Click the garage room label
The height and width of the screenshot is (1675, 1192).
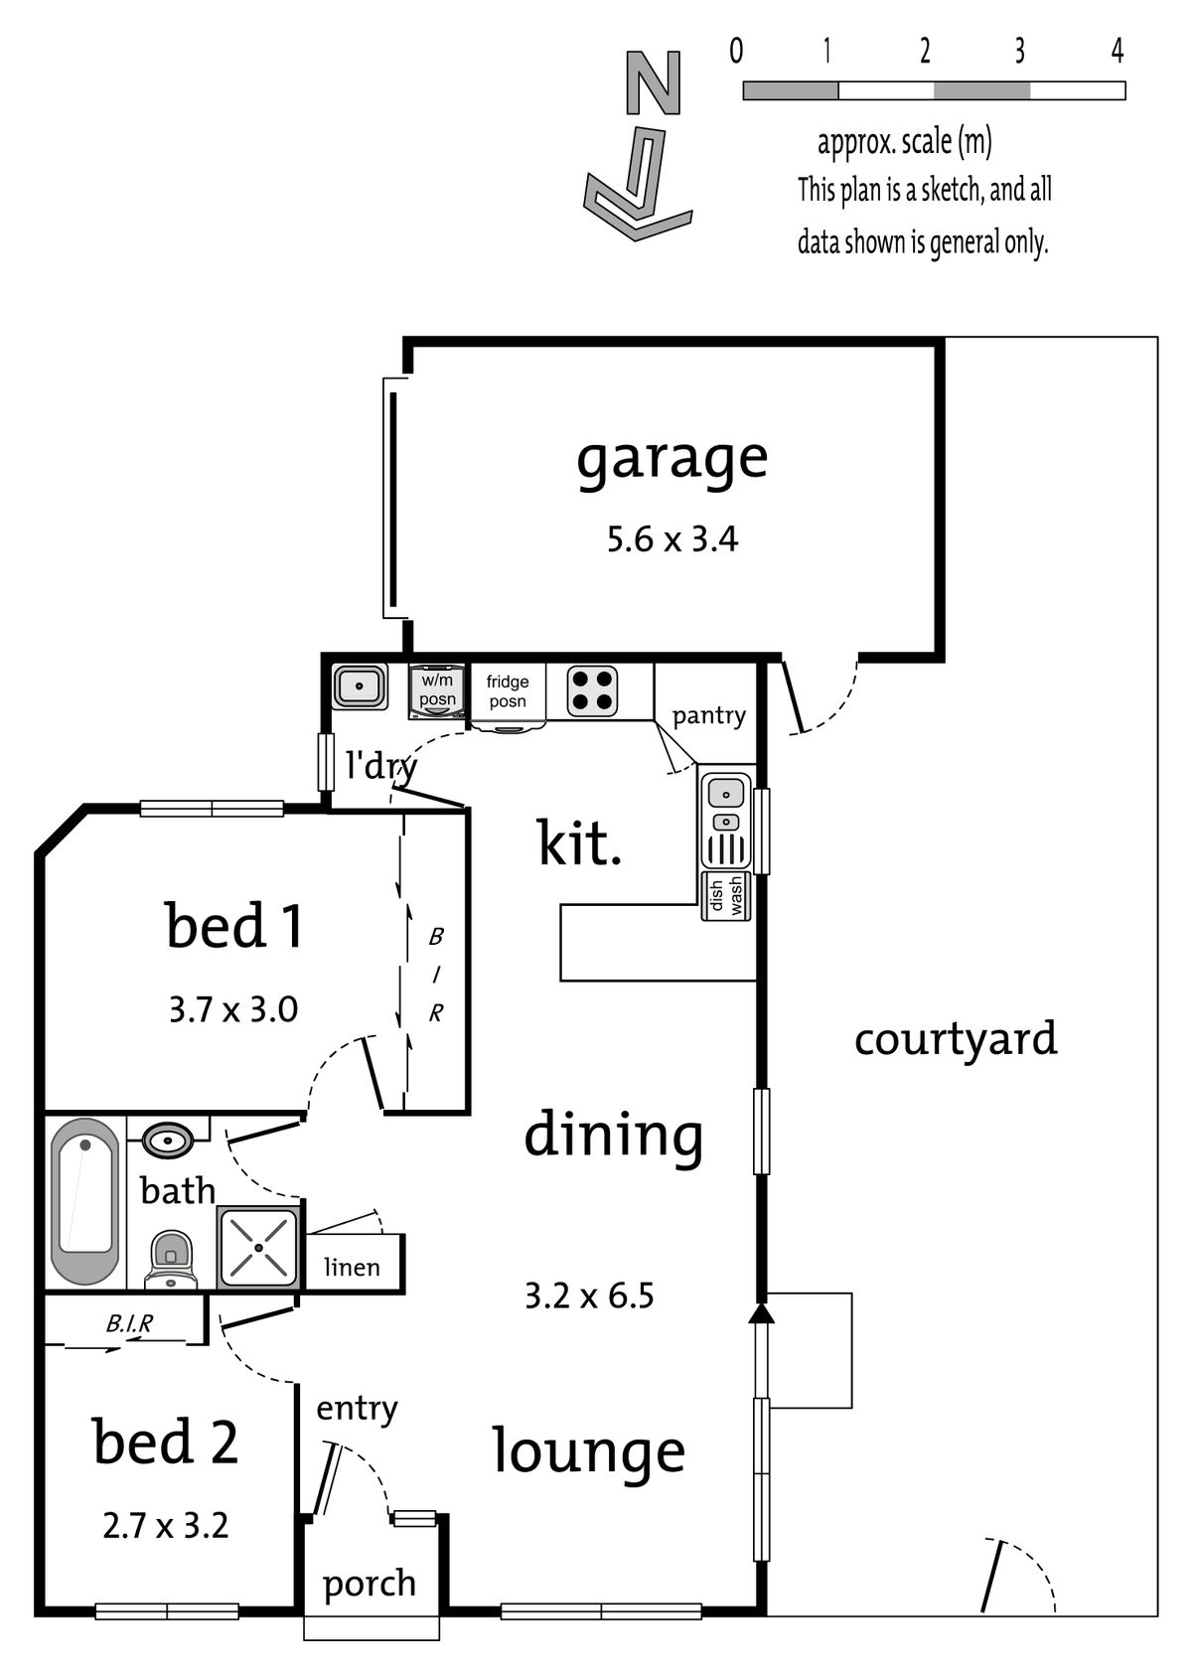click(x=671, y=460)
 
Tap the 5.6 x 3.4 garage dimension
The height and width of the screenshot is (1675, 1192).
click(x=672, y=539)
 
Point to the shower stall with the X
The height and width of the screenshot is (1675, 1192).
click(x=258, y=1247)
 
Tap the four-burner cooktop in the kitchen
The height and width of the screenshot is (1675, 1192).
click(x=592, y=690)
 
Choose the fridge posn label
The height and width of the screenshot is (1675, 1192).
click(x=507, y=690)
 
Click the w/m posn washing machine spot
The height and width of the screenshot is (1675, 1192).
click(x=437, y=690)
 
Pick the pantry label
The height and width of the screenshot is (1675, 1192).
click(x=709, y=716)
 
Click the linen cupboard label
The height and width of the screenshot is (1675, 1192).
click(x=352, y=1267)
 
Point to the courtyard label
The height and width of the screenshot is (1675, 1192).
click(x=956, y=1039)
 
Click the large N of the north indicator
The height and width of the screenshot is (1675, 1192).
click(x=653, y=82)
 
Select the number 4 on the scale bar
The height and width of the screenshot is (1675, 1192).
click(x=1117, y=50)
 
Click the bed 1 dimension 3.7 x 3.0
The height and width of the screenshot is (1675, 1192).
click(x=233, y=1009)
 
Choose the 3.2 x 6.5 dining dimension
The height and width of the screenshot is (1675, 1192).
click(x=589, y=1295)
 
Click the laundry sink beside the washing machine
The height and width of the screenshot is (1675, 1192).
click(x=360, y=686)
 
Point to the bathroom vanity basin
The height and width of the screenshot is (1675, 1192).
click(x=168, y=1142)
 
